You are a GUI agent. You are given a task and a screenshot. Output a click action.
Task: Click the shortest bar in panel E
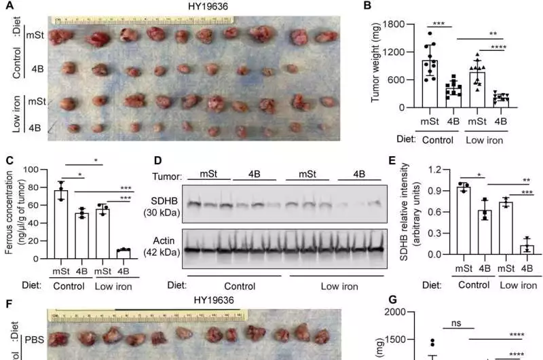coord(526,249)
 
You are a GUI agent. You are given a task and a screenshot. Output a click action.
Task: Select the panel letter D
coord(158,161)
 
